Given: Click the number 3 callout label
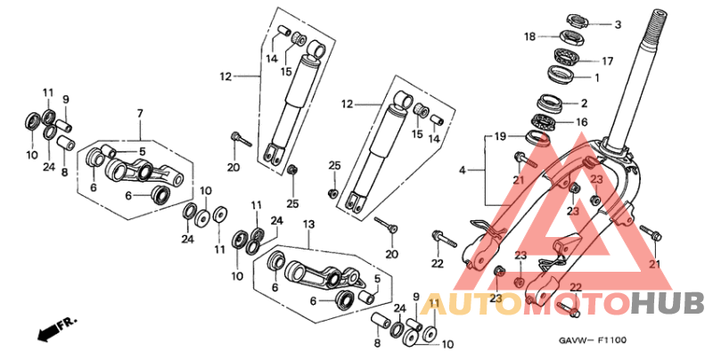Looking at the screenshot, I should point(618,24).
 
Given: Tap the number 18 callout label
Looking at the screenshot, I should point(530,37).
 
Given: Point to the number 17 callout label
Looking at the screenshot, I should point(608,61).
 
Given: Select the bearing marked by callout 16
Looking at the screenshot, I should point(545,119).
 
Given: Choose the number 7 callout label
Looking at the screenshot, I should point(139,113).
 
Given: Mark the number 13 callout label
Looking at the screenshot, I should point(309,224).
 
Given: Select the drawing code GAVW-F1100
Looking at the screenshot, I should point(593,340).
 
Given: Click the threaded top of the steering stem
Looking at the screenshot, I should point(660,23).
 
